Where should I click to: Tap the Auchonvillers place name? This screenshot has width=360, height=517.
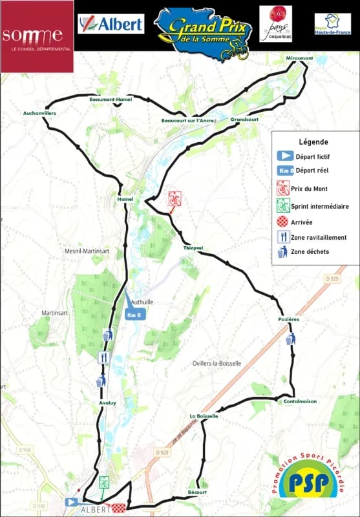[40, 113]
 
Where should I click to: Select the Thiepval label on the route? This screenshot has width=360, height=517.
[193, 248]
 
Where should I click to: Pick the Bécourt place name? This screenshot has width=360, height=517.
[198, 492]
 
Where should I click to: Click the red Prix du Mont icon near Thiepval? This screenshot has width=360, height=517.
[174, 198]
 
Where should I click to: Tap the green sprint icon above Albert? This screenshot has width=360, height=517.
[103, 483]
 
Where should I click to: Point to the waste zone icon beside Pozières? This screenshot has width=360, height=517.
[291, 338]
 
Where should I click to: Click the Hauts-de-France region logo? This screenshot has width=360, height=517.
[332, 24]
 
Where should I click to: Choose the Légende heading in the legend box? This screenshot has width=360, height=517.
[313, 142]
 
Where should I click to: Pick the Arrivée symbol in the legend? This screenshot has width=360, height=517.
[282, 222]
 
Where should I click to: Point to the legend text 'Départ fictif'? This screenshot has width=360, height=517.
[316, 156]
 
